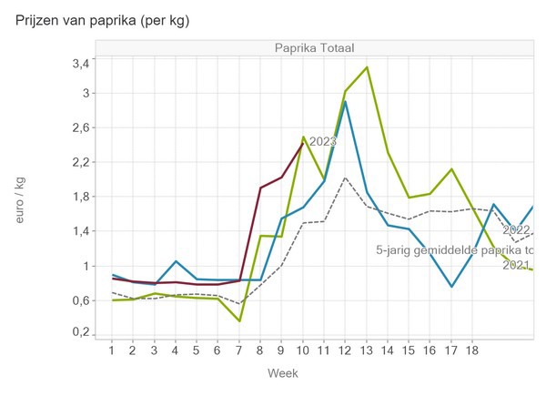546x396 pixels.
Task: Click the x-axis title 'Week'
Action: point(282,373)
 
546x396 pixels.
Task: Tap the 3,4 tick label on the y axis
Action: point(80,63)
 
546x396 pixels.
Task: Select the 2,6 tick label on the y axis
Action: point(80,128)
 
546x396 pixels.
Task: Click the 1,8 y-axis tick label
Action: point(80,197)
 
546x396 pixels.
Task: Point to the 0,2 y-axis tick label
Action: point(80,333)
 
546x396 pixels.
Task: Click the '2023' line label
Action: point(323,142)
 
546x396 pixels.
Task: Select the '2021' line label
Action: point(516,265)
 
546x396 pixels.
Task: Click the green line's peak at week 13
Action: point(367,67)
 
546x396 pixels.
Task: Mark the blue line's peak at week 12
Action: point(345,101)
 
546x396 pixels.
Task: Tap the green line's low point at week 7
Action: point(239,320)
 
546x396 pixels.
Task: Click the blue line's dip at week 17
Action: point(451,287)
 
